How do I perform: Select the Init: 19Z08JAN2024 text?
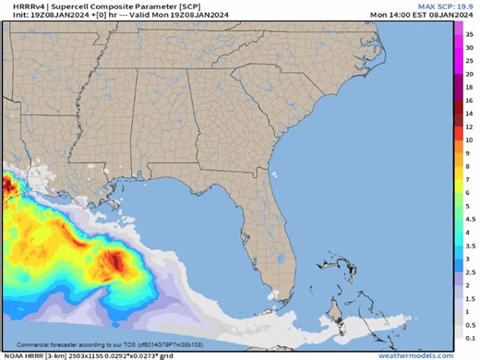coord(36,14)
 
